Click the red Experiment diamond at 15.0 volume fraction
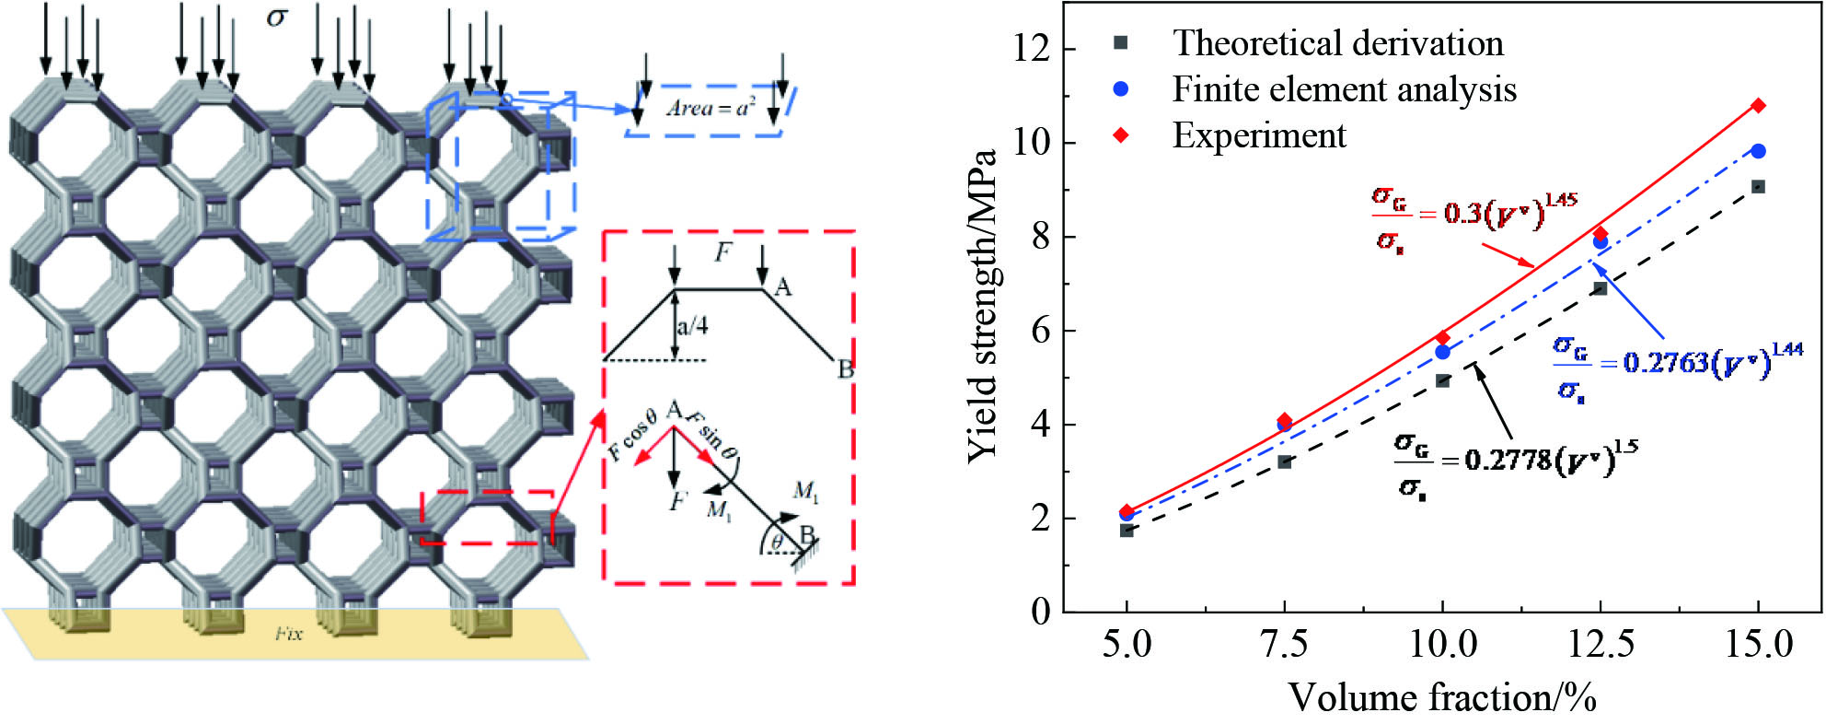click(x=1758, y=106)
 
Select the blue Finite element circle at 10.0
click(x=1442, y=352)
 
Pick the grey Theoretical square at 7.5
click(x=1285, y=461)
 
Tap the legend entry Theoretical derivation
click(x=1337, y=43)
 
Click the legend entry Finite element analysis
click(x=1344, y=89)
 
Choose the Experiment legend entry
click(x=1258, y=135)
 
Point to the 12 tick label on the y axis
click(x=1031, y=48)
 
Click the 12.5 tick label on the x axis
click(x=1600, y=644)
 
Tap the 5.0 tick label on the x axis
click(x=1127, y=644)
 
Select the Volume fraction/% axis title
click(x=1441, y=697)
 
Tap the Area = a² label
click(x=710, y=108)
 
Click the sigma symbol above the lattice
click(x=276, y=18)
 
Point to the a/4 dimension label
click(x=692, y=326)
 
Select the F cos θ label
click(x=632, y=434)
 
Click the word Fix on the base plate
click(x=288, y=634)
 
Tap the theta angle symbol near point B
click(x=778, y=542)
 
